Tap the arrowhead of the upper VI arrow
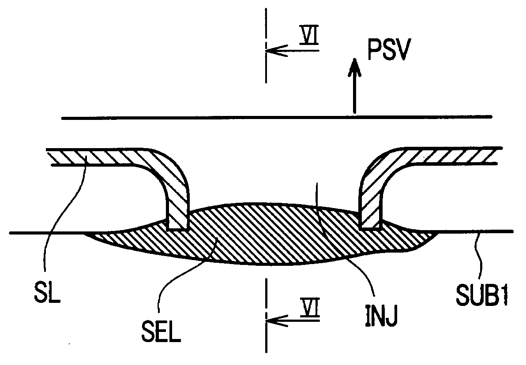269,50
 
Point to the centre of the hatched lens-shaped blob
265,234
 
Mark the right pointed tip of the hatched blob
439,233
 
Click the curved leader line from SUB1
479,256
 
